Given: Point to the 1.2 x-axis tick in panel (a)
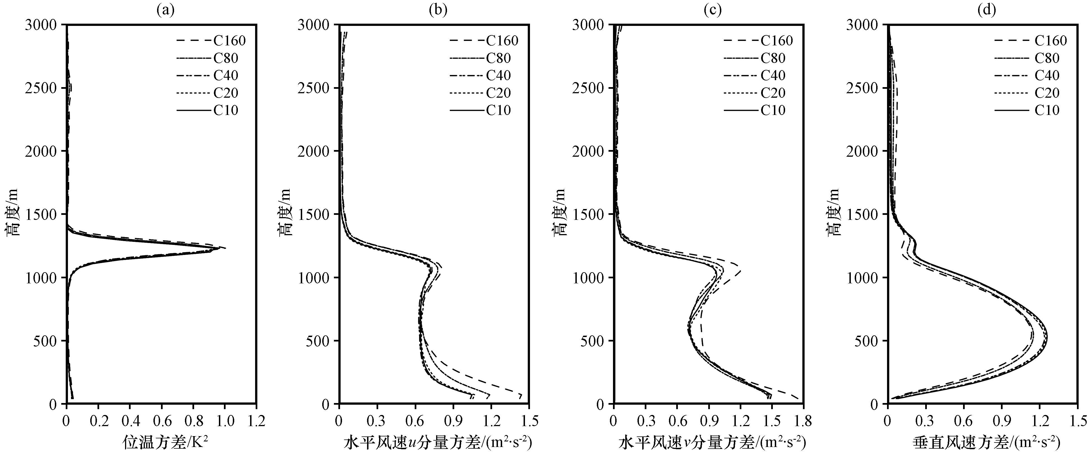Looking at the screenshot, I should pos(256,421).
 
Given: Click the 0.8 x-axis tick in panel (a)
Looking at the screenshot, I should pos(193,421).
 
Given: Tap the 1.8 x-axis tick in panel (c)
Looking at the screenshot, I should pos(804,421).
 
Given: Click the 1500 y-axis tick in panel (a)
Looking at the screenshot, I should pos(40,214).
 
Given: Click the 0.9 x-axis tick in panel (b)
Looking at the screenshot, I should pos(453,421).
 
